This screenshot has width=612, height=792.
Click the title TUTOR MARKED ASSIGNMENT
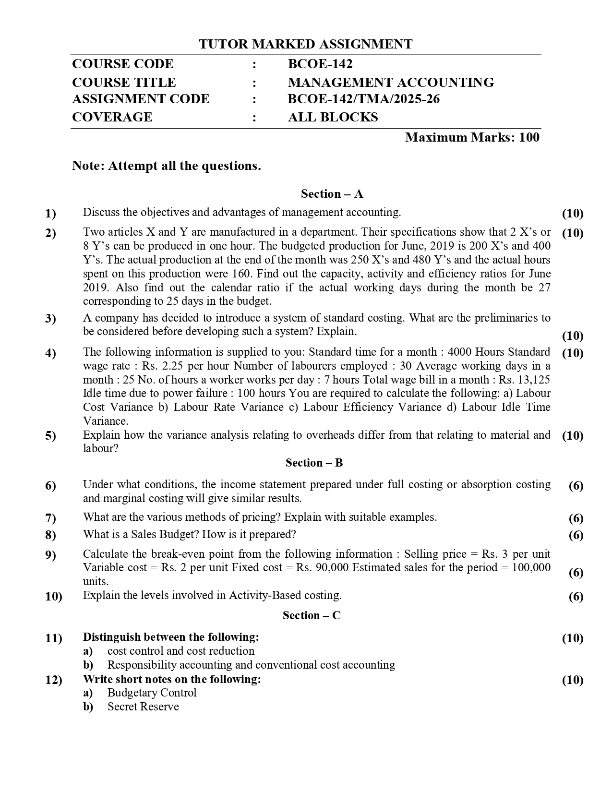coord(305,45)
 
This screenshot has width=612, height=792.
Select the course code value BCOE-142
coord(320,64)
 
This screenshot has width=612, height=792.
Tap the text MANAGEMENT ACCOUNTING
coord(391,83)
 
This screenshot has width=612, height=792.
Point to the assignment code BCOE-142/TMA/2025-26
coord(363,99)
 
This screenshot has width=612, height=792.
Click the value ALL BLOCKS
coord(333,117)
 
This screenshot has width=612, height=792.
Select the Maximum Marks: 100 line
coord(472,138)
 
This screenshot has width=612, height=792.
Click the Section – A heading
coord(332,194)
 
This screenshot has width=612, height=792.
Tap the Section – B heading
coord(314,463)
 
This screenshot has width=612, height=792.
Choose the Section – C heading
coord(312,615)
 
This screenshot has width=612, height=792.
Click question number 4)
coord(50,354)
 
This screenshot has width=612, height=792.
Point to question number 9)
coord(50,555)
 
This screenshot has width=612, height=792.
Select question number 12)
coord(53,680)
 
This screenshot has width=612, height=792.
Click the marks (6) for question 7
coord(576,518)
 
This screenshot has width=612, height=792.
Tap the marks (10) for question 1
coord(572,214)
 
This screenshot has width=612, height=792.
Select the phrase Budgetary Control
coord(152,693)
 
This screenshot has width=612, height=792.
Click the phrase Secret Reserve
coord(143,707)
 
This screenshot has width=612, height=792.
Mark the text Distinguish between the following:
coord(171,637)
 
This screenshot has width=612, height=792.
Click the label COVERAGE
coord(112,117)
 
